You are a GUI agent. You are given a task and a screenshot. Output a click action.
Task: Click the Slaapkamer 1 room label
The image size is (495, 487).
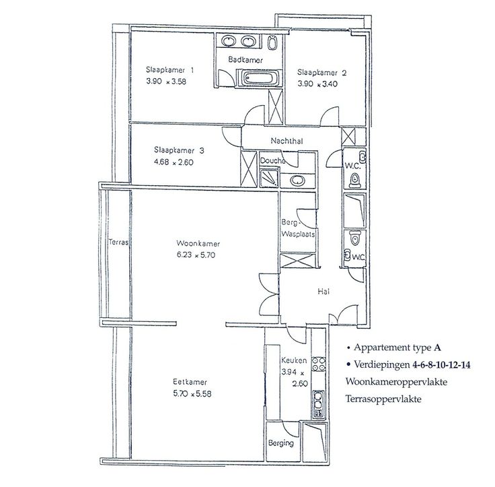tap(169, 69)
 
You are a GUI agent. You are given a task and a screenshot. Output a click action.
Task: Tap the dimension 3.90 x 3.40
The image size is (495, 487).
tap(317, 84)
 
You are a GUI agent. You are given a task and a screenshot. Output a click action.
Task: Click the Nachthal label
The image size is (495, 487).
tap(287, 141)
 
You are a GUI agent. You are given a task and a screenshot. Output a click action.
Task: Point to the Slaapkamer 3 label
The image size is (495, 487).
tap(179, 150)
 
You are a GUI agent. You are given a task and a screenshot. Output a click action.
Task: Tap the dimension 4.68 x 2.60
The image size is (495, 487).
tap(174, 162)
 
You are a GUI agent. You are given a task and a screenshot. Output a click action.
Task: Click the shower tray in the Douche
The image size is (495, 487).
tap(269, 178)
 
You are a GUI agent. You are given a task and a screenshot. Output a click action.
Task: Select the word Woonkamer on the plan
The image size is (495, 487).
tap(198, 244)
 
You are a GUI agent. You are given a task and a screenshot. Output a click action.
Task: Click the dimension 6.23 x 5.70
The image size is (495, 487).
tap(196, 255)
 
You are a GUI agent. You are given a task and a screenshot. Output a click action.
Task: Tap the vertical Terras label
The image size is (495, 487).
tap(118, 242)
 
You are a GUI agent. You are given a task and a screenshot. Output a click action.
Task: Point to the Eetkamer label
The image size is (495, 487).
tap(190, 382)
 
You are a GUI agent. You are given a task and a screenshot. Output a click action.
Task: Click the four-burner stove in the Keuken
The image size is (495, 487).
tap(319, 364)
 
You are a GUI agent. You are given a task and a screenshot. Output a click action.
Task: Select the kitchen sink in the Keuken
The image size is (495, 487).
tap(318, 404)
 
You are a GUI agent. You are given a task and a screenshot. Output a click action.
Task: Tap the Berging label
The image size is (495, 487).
tap(281, 443)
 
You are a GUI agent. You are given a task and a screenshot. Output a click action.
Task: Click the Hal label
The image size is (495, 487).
tap(323, 291)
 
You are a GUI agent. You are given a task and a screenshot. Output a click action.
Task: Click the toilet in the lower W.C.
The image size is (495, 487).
tap(355, 238)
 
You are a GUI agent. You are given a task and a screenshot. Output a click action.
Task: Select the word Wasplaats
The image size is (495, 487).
tap(299, 234)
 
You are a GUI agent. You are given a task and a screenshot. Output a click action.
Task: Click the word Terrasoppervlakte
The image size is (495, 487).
tap(383, 399)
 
